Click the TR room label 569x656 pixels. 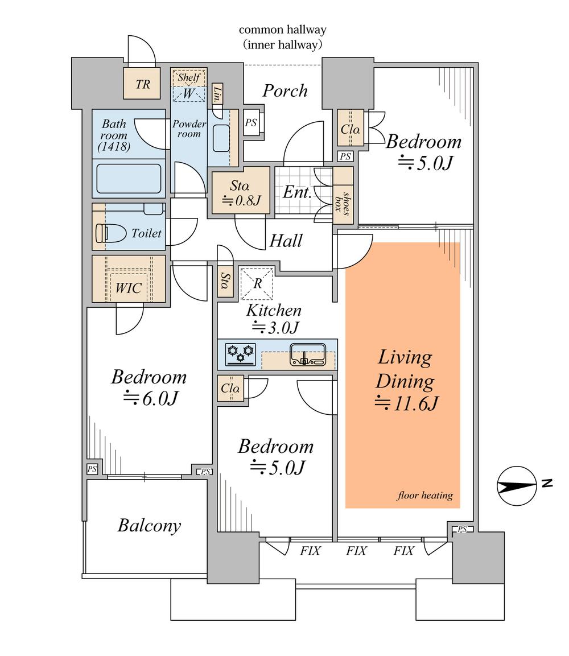(143, 84)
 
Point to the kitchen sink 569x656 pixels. (308, 354)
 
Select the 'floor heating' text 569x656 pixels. (424, 496)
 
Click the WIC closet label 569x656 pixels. (129, 288)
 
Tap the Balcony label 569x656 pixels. (149, 525)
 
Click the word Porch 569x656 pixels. (285, 90)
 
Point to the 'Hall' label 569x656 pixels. (286, 241)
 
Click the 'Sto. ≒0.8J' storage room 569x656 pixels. (241, 192)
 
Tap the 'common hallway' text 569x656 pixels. (282, 30)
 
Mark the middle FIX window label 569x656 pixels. (356, 551)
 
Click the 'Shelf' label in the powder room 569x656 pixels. (189, 77)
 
